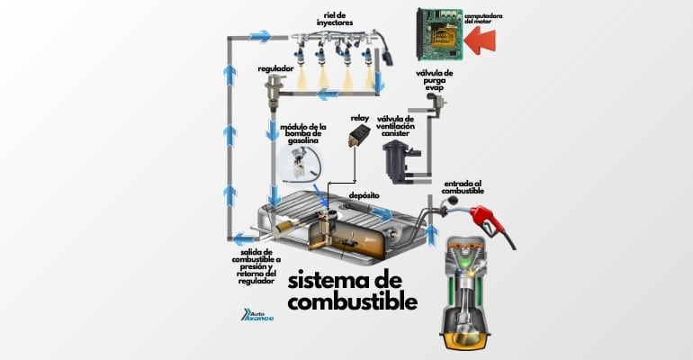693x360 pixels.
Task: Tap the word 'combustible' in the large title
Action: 354,301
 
